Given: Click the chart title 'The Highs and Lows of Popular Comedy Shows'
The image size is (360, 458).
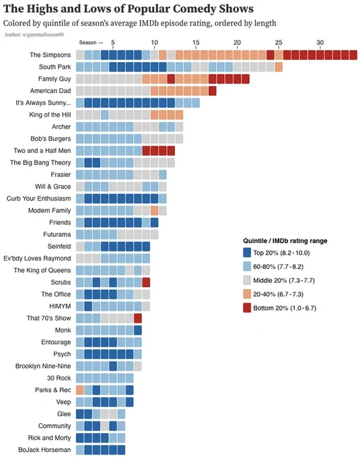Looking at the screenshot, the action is (x=129, y=9).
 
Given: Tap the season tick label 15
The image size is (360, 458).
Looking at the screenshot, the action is (x=196, y=42).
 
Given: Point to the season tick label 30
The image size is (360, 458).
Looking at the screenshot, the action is (x=320, y=42).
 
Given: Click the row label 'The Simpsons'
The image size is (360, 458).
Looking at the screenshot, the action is (x=50, y=55).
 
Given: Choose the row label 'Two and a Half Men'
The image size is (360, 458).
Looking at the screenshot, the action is (x=42, y=151).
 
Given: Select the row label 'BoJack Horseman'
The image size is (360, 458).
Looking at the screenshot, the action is (x=44, y=450).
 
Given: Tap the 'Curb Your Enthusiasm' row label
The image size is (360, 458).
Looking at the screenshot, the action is (x=39, y=199).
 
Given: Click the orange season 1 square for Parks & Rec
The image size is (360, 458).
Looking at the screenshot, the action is (x=79, y=390).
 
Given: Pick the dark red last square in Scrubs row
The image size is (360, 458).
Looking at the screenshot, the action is (x=146, y=282).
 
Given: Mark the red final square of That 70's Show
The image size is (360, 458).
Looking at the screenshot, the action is (x=138, y=318).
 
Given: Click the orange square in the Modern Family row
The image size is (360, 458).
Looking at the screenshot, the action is (x=154, y=210).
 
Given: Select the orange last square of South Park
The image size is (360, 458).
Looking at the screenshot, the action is (x=279, y=67).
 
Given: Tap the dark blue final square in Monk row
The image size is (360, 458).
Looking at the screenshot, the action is (x=138, y=330).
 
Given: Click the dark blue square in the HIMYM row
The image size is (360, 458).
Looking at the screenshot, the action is (x=88, y=306).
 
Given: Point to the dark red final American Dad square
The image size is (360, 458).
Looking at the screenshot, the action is (x=213, y=91).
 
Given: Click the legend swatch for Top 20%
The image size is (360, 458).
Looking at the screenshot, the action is (x=247, y=253).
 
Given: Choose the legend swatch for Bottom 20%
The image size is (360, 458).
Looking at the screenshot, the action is (x=247, y=308).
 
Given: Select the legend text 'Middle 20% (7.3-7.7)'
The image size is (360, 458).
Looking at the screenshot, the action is (x=284, y=280).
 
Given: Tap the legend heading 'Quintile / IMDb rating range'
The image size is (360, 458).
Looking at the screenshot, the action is (x=285, y=241).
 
